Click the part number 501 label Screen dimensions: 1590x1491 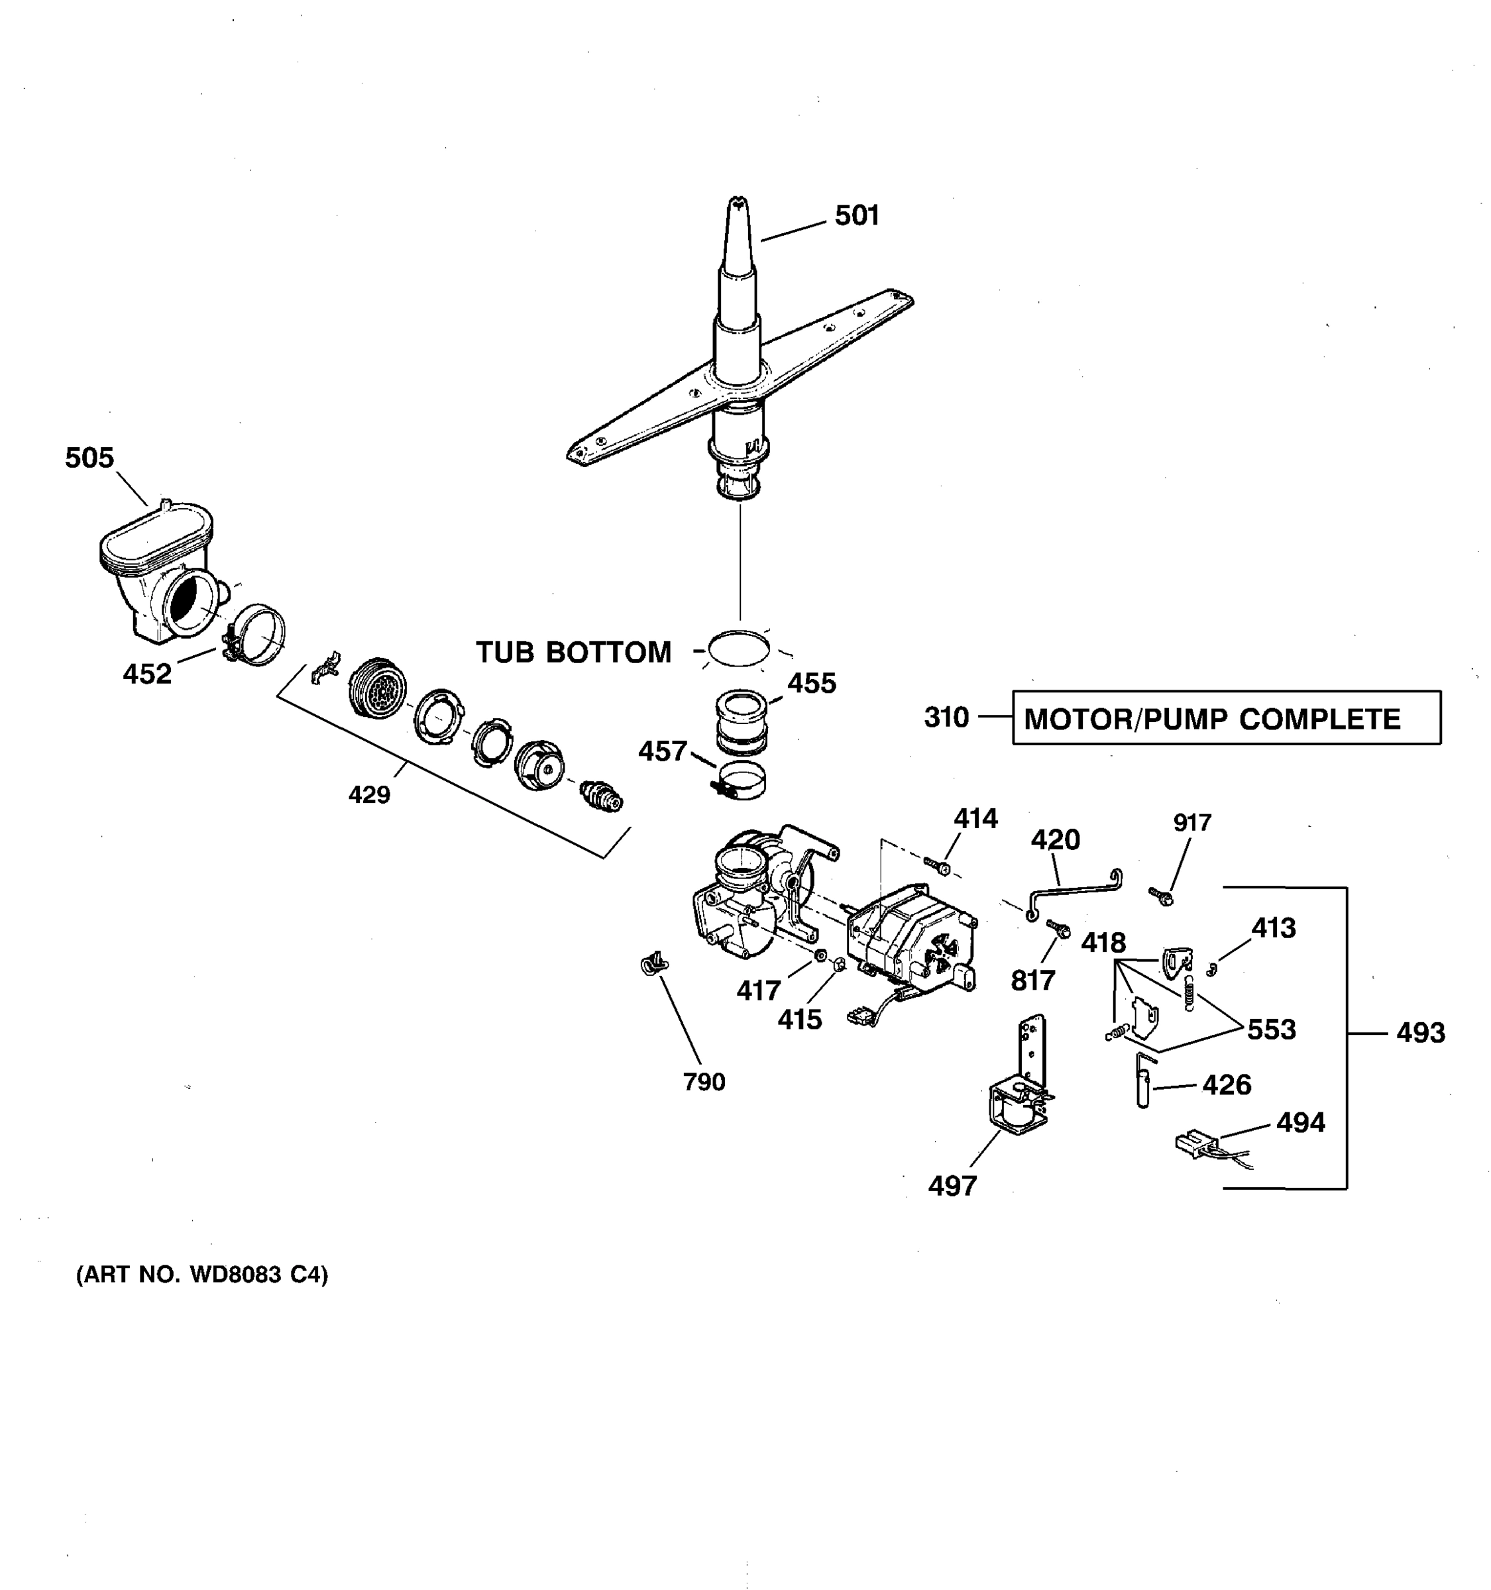(857, 215)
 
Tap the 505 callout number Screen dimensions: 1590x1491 (89, 458)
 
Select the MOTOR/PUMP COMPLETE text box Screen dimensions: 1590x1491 (1225, 718)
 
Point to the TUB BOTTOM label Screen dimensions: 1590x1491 (573, 653)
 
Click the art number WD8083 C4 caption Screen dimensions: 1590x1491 (201, 1274)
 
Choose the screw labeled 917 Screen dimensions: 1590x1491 (1160, 896)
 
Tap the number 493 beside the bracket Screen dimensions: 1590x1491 (1421, 1033)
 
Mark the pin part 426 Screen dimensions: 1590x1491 (1143, 1081)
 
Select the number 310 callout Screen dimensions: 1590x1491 (946, 717)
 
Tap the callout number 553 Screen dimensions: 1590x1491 (1271, 1030)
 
